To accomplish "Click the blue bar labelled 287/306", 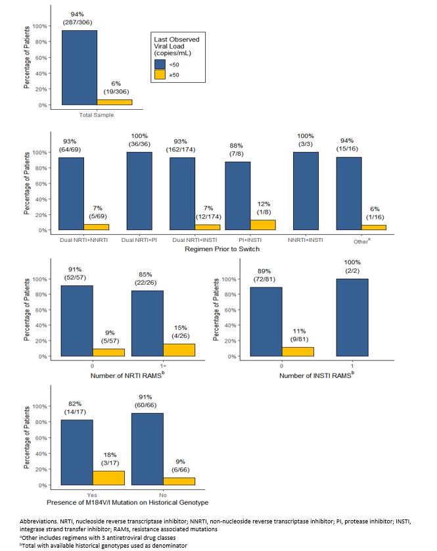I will [79, 68].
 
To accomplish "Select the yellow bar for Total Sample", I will [114, 102].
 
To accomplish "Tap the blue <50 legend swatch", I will [160, 64].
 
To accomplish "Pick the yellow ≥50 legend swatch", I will [160, 75].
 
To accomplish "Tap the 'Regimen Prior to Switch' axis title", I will [223, 249].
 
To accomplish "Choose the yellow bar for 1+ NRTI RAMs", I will [179, 350].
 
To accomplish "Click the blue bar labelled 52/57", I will [76, 322].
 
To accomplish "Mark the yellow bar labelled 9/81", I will [298, 352].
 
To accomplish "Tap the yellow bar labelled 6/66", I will [179, 481].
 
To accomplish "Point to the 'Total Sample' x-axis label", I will [97, 115].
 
